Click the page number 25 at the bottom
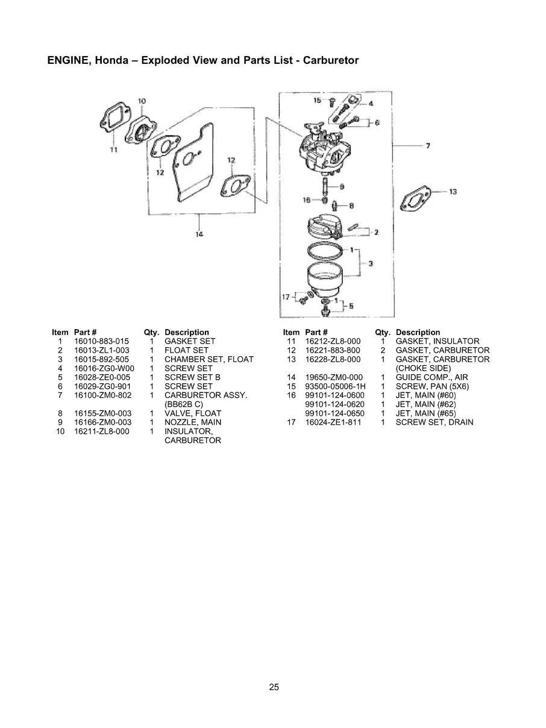274,687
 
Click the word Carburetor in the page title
331,60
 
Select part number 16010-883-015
101,341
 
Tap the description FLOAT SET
186,350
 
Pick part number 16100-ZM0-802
102,395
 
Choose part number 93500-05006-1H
335,386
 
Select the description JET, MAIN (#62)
425,404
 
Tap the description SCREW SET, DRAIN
434,422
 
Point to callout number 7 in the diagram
427,146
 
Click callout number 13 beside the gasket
453,192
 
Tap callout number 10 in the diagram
142,101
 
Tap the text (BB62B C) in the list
184,404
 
